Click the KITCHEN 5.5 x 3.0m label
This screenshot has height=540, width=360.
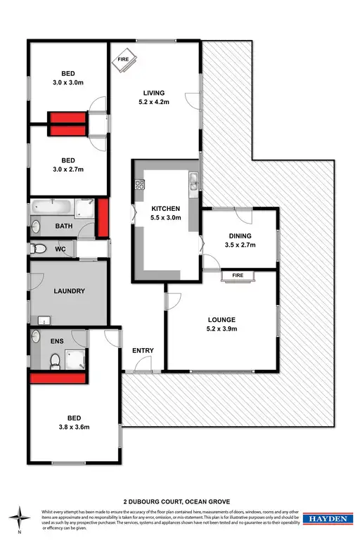tap(166, 213)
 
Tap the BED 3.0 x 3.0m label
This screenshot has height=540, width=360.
tap(67, 77)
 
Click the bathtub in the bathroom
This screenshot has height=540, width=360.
tap(52, 208)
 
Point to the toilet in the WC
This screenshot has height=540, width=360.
tap(40, 248)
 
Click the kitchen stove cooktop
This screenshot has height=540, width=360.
tap(139, 186)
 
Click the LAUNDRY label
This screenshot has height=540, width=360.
tap(70, 291)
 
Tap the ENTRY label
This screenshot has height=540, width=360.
tap(143, 350)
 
